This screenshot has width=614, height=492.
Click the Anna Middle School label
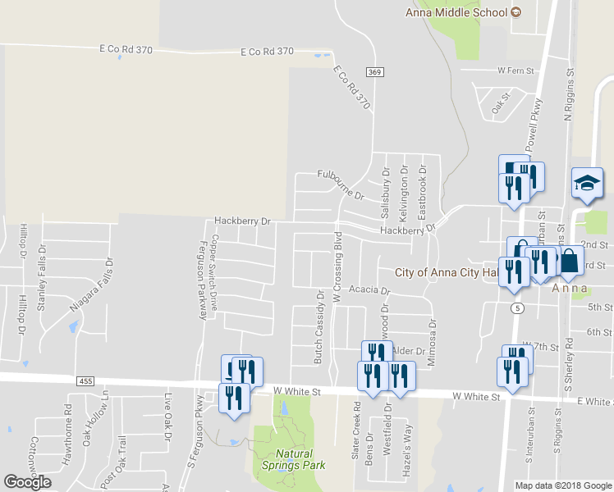tap(457, 11)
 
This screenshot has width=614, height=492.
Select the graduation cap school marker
tap(587, 183)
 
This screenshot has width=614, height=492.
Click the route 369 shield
tap(374, 73)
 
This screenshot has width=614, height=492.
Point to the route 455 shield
tap(87, 381)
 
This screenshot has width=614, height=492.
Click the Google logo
tap(27, 481)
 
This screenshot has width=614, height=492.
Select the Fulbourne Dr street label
tap(341, 185)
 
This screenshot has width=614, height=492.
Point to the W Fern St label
tap(515, 71)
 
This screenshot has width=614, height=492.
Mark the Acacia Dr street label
tap(368, 290)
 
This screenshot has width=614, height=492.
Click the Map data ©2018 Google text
tap(562, 485)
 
